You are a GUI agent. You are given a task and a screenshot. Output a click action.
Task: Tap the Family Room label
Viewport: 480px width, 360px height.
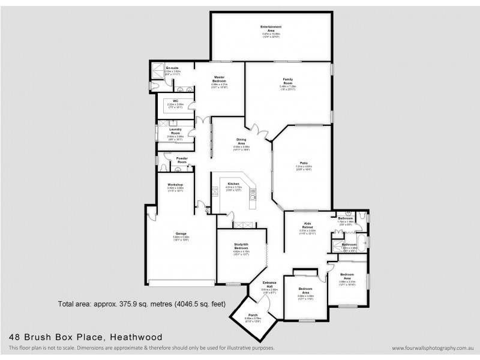click(292, 81)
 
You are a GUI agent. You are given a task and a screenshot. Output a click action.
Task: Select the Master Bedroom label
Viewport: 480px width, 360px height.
click(218, 81)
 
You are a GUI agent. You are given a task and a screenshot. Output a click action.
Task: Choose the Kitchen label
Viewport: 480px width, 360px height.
click(233, 183)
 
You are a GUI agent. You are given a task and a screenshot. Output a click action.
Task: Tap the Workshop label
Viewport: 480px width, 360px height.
click(175, 184)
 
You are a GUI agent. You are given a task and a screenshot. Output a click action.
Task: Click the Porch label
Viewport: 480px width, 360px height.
click(253, 314)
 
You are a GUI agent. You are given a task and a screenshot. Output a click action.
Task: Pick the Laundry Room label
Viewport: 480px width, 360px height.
click(175, 131)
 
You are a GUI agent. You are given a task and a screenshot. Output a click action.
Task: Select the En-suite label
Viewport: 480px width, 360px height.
click(173, 68)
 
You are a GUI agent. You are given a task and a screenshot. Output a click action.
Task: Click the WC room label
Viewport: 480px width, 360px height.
click(176, 101)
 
